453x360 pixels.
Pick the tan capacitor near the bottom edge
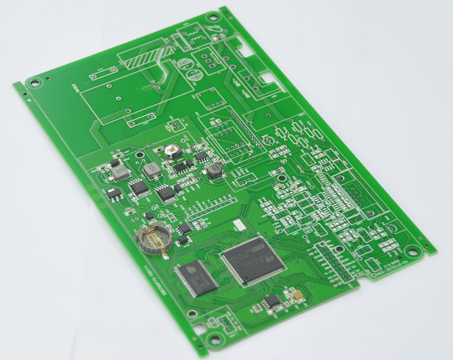[296, 296]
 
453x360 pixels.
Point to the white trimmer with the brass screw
[171, 150]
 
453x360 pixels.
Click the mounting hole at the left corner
[32, 81]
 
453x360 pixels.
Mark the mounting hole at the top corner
[211, 17]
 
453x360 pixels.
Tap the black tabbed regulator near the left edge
[114, 193]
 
